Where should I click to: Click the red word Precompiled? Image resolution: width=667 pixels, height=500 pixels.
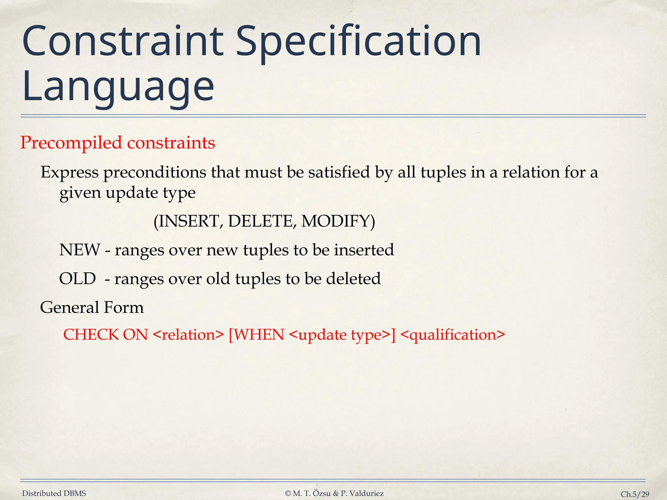coord(71,143)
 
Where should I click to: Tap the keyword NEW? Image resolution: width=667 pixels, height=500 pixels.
coord(80,250)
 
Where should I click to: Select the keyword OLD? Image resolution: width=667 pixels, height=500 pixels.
coord(78,279)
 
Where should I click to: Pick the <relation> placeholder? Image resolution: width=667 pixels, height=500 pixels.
coord(188,335)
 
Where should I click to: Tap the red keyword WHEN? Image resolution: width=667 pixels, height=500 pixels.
coord(259,335)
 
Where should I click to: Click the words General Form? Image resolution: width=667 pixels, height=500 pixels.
coord(92,307)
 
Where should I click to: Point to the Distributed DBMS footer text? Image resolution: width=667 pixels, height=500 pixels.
coord(54,493)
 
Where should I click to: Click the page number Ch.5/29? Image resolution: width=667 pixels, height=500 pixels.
coord(635,494)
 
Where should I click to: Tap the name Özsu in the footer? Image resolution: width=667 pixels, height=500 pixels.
coord(322,493)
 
